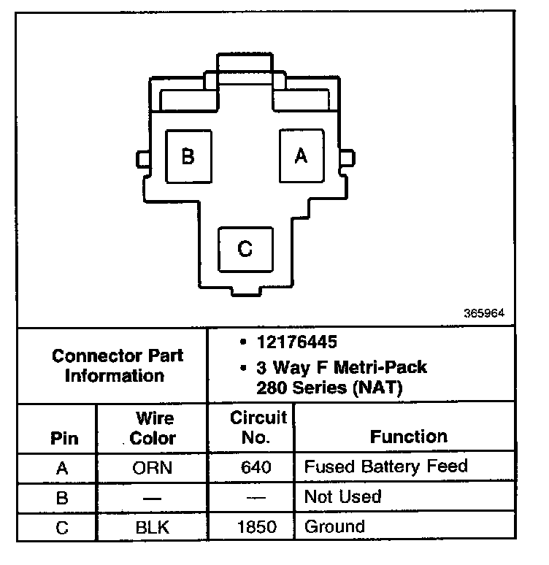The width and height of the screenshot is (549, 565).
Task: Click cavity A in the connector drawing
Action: [301, 155]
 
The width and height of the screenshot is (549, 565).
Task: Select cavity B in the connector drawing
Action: [188, 156]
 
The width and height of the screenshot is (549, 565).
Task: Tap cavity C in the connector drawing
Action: [246, 249]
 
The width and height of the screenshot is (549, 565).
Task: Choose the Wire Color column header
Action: [153, 428]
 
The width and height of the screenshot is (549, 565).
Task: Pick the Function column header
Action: [408, 437]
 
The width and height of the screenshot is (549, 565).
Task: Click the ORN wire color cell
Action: [153, 467]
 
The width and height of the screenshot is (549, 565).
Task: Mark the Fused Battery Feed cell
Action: [385, 466]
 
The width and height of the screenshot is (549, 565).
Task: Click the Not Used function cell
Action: [342, 496]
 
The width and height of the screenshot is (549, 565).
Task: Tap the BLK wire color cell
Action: [153, 526]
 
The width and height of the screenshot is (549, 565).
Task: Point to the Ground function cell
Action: [334, 526]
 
